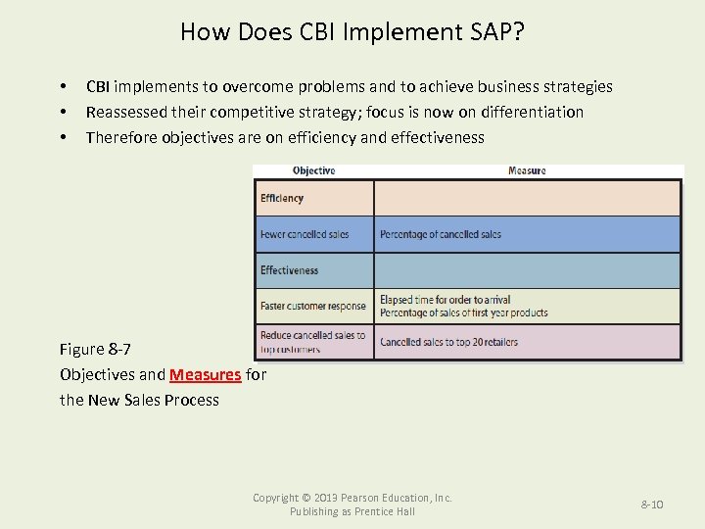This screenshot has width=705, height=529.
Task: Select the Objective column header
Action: [x=313, y=170]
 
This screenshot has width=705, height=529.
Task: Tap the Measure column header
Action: [x=527, y=170]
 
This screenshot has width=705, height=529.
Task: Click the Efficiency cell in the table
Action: [x=282, y=198]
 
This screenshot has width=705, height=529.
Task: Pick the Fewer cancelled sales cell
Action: [x=305, y=234]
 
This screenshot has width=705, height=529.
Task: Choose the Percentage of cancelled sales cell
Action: [x=441, y=234]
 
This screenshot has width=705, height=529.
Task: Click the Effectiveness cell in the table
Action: [x=289, y=270]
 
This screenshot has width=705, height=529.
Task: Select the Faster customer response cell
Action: [x=313, y=306]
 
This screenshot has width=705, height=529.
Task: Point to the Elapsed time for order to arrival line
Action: [x=445, y=300]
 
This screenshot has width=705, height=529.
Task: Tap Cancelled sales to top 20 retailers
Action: [x=448, y=342]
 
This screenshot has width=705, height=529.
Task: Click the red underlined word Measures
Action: [x=205, y=374]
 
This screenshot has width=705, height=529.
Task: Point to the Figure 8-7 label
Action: [x=95, y=349]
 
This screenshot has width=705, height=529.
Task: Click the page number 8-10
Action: [x=652, y=504]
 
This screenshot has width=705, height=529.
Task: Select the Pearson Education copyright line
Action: [x=352, y=498]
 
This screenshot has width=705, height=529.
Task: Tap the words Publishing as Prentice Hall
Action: [x=352, y=511]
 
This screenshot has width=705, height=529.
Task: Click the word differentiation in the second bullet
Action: [x=529, y=112]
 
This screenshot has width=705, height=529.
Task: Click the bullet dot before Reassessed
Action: [x=64, y=112]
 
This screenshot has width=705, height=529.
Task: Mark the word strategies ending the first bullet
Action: [x=579, y=86]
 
